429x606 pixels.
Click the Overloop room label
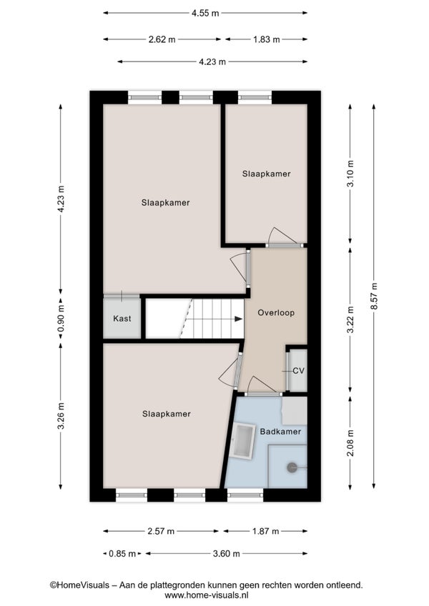(276, 313)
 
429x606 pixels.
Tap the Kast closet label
(122, 319)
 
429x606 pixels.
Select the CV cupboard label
(298, 371)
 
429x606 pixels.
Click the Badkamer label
(280, 432)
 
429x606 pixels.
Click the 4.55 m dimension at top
(205, 13)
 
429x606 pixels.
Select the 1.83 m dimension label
(266, 39)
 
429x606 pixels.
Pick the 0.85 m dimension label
(122, 554)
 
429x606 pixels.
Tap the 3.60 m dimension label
(227, 554)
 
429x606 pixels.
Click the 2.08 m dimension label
(350, 443)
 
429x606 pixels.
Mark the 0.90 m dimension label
(61, 319)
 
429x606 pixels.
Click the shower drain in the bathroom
(291, 467)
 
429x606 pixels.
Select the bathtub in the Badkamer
(243, 442)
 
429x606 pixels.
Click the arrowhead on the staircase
(238, 319)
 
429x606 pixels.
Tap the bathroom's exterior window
(245, 495)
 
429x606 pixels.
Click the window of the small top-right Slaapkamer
(255, 97)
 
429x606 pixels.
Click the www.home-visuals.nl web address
(206, 595)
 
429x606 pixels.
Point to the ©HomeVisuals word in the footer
(79, 585)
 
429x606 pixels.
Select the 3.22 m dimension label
(350, 319)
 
